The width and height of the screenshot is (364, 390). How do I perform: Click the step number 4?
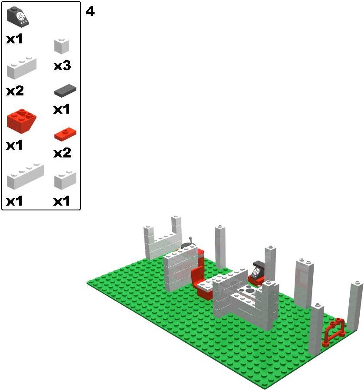coord(90,11)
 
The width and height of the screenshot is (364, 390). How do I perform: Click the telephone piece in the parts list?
coord(18,16)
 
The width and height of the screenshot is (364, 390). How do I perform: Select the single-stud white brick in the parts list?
coord(62,46)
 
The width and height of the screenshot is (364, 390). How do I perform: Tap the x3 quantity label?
coord(62,66)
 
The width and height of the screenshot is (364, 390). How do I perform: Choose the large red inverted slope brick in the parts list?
coord(21,121)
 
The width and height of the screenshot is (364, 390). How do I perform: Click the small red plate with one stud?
coord(65,134)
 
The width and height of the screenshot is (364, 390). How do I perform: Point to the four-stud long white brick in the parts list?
coord(25,176)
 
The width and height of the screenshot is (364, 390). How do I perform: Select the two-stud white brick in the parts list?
coord(65,180)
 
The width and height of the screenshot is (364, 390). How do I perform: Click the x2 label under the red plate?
coord(62,153)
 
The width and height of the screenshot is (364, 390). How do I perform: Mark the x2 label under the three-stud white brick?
coord(15,91)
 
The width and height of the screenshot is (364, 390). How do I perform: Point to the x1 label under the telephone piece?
coord(14,39)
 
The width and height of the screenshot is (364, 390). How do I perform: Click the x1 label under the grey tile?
coord(62,109)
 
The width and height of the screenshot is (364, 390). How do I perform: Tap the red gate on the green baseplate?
coord(334,332)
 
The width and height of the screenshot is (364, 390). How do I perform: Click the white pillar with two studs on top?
coord(304,284)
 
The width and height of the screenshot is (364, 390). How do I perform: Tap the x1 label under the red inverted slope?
coord(14,145)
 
